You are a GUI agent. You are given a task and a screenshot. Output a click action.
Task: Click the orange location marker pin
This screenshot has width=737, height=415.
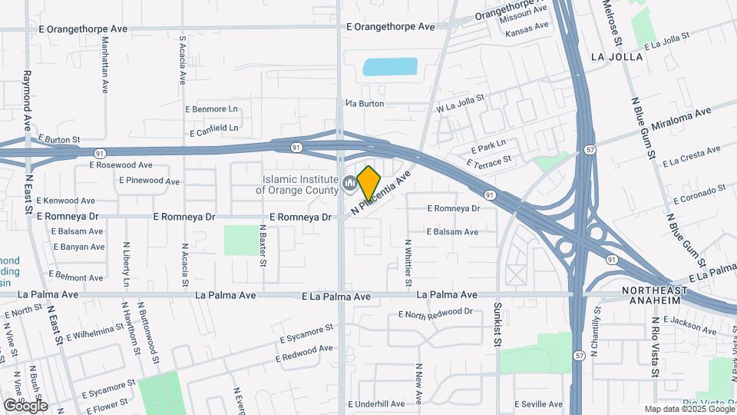pyautogui.click(x=369, y=182)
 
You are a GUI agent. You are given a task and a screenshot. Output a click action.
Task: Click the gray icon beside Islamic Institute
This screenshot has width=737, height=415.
pyautogui.click(x=349, y=184)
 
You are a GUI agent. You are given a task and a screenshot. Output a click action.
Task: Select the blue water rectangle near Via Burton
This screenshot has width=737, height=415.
pyautogui.click(x=390, y=67)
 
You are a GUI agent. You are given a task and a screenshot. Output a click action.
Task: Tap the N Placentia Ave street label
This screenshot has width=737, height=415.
pyautogui.click(x=382, y=193)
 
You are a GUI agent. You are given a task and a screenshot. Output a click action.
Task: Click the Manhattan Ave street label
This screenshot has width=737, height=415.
pyautogui.click(x=105, y=65)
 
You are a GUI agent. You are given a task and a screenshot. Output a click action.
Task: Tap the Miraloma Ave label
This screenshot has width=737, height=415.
pyautogui.click(x=680, y=119)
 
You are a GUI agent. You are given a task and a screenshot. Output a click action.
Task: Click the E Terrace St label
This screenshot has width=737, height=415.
pyautogui.click(x=488, y=162)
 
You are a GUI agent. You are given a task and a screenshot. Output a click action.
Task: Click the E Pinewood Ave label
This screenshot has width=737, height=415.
pyautogui.click(x=149, y=181)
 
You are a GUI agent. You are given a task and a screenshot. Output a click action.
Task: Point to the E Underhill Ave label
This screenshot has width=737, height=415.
pyautogui.click(x=376, y=404)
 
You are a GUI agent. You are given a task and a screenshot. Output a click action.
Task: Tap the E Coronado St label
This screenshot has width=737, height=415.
pyautogui.click(x=699, y=195)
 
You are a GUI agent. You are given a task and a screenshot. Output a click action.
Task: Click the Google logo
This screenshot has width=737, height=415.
pyautogui.click(x=25, y=405)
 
